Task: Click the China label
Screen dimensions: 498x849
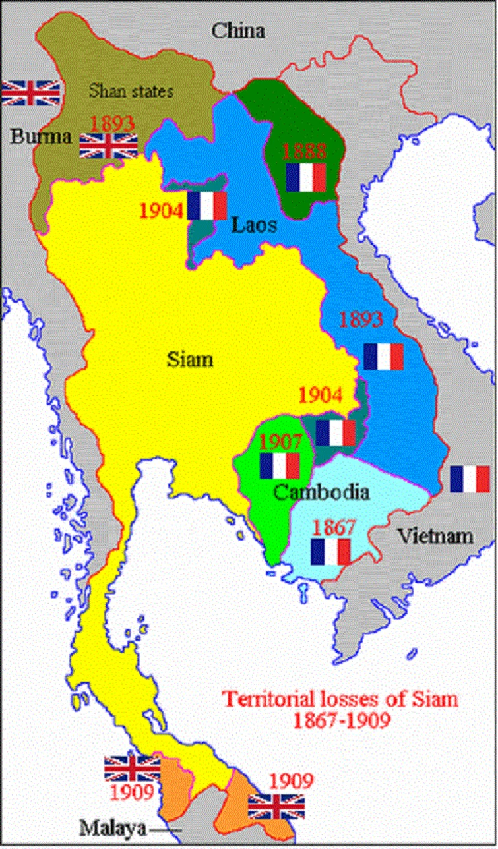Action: pyautogui.click(x=237, y=30)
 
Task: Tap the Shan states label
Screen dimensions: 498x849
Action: pyautogui.click(x=131, y=91)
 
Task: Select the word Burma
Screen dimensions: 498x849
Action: pyautogui.click(x=41, y=137)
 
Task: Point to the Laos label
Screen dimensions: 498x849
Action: pyautogui.click(x=253, y=225)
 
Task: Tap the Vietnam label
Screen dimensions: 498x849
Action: pyautogui.click(x=435, y=535)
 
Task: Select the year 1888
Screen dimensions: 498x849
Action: pyautogui.click(x=304, y=151)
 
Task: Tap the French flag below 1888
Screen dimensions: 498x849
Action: pyautogui.click(x=306, y=177)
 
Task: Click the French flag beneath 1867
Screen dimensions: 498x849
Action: pyautogui.click(x=330, y=552)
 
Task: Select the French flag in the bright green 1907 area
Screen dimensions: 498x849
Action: pyautogui.click(x=280, y=465)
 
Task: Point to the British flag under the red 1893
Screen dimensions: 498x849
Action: pyautogui.click(x=109, y=146)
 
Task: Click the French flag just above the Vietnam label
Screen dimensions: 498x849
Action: pyautogui.click(x=470, y=479)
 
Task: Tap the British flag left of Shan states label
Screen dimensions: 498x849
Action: pyautogui.click(x=31, y=93)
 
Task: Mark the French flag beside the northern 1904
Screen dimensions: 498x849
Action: pyautogui.click(x=206, y=205)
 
